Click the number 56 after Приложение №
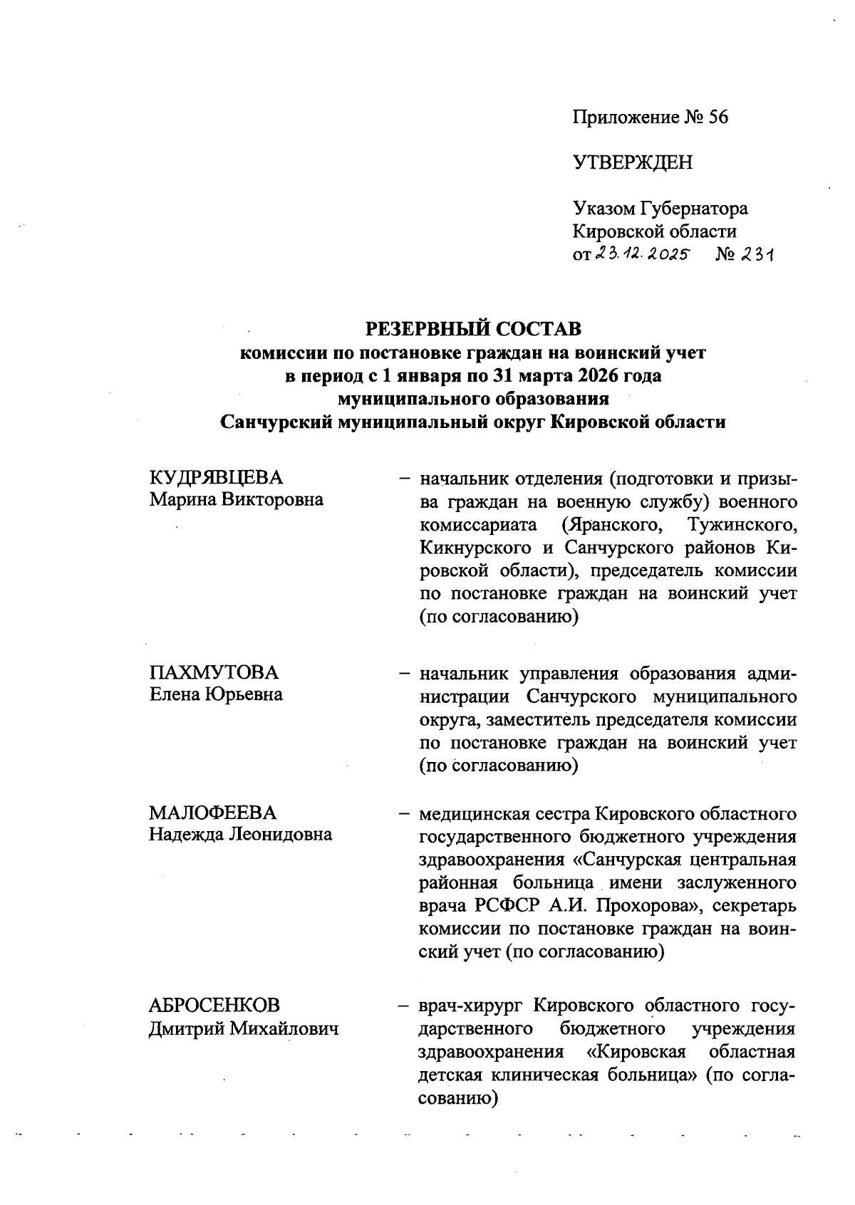[x=718, y=118]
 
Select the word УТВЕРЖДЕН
[x=632, y=163]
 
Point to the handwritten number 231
[x=757, y=254]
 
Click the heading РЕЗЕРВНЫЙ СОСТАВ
[x=473, y=329]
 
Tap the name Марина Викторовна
[x=236, y=499]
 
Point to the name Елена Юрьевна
[x=215, y=694]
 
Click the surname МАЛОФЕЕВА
[x=212, y=813]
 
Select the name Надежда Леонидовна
[x=240, y=834]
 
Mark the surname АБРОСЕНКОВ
[x=214, y=1006]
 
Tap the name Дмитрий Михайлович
[x=243, y=1029]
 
